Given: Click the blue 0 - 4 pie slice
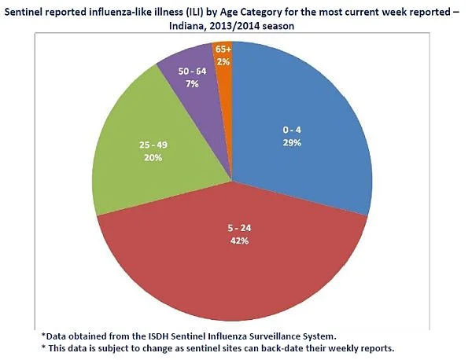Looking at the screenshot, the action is [301, 130].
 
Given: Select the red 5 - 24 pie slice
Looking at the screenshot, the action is [234, 255].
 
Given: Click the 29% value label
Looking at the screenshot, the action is [292, 143].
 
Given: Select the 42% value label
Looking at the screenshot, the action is [239, 241].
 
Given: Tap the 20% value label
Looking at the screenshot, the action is [153, 157].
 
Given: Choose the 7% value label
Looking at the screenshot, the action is [192, 84].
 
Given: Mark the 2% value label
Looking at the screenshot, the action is [223, 62].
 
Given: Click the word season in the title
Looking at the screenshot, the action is [278, 27].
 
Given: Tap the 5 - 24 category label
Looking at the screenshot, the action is [239, 228].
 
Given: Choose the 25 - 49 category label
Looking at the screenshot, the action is [153, 145].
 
